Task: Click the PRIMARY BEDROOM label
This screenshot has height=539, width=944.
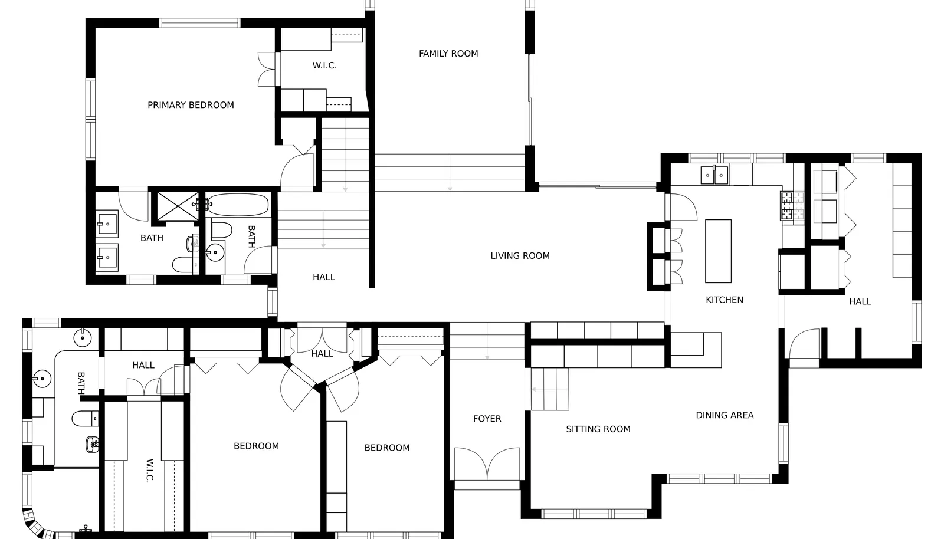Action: coord(191,105)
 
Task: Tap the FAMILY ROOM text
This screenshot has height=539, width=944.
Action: coord(448,54)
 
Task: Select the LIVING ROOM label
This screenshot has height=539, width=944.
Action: coord(520,255)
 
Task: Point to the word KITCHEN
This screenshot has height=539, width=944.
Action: coord(725,300)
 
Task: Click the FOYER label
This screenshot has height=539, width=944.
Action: coord(487,419)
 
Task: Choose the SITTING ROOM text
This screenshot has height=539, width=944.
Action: coord(598,429)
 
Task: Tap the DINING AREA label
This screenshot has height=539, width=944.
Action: coord(725,415)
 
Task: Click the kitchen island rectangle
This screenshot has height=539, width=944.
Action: coord(718,251)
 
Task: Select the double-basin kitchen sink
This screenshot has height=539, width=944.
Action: coord(714,175)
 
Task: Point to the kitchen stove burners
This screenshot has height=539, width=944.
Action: coord(787,206)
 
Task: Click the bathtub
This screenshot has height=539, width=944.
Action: coord(238,205)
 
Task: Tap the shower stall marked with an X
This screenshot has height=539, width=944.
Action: coord(178,206)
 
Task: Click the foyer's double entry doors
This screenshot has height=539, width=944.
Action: coord(487,464)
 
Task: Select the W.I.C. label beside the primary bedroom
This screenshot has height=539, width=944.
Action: coord(324,65)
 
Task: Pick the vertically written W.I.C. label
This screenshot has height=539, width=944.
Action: coord(150,471)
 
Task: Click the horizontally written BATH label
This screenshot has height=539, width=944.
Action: coord(152,238)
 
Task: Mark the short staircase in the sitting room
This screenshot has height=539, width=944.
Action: coord(549,389)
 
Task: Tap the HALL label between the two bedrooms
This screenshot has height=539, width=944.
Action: coord(322,354)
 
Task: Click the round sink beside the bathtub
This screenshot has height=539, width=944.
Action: coord(215,252)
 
